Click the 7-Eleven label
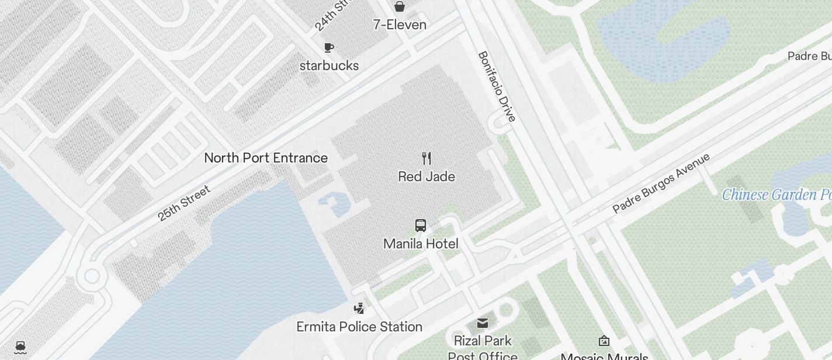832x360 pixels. [x=400, y=25]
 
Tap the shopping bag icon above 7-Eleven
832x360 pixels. [x=400, y=6]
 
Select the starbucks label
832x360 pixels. [x=329, y=65]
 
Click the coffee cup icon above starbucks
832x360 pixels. [x=329, y=47]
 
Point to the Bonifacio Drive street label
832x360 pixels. [x=497, y=86]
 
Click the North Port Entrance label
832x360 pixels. [x=266, y=158]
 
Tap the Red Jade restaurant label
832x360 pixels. [x=427, y=176]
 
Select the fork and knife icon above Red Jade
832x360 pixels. [x=427, y=158]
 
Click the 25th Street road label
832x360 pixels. [x=183, y=203]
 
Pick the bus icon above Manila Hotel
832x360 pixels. [x=421, y=226]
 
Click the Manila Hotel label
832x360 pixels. [x=421, y=244]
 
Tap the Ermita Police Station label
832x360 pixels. [x=359, y=327]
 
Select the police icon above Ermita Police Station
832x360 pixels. [x=359, y=308]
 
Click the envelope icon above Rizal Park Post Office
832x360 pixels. [x=483, y=323]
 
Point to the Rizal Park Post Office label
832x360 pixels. [x=483, y=348]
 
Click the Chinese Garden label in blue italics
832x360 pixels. [x=776, y=195]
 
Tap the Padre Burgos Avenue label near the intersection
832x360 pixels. [x=661, y=183]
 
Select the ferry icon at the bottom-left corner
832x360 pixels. [x=20, y=347]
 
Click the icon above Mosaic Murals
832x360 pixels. [x=604, y=341]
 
